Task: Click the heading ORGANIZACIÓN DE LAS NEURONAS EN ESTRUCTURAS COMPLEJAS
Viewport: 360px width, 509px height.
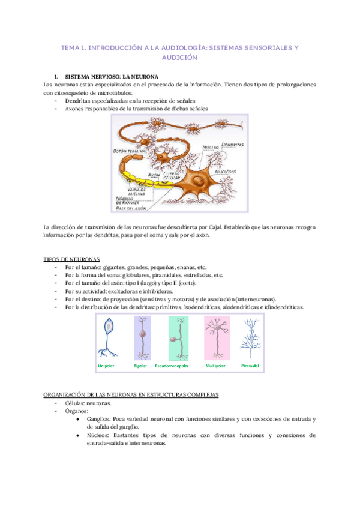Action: [131, 394]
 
